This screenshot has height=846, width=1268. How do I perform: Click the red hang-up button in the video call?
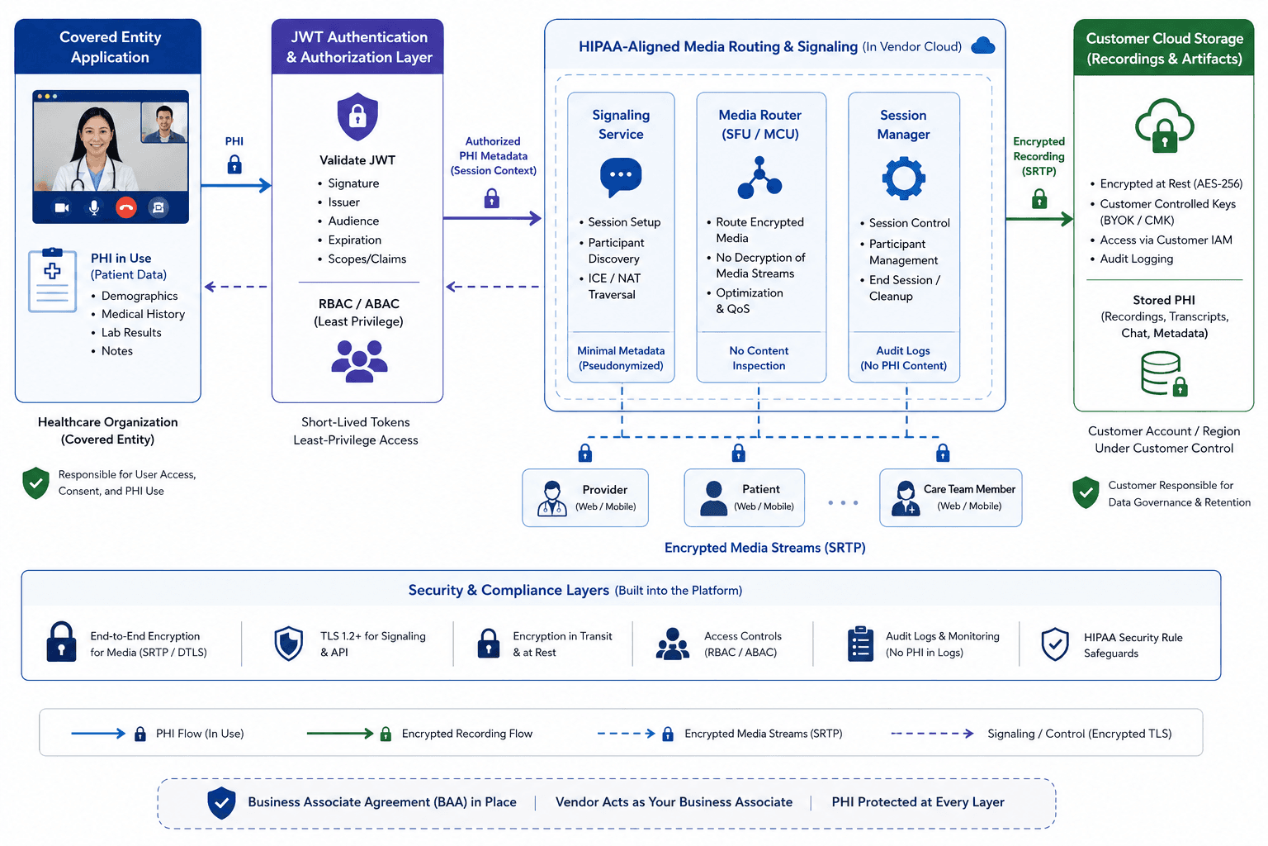pyautogui.click(x=125, y=207)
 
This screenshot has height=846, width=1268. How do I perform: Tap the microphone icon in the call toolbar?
pyautogui.click(x=94, y=207)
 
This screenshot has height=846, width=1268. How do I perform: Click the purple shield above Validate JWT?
pyautogui.click(x=357, y=116)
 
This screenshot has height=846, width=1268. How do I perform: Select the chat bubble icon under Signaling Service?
pyautogui.click(x=621, y=177)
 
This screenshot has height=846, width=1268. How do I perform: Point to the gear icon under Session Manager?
pyautogui.click(x=903, y=178)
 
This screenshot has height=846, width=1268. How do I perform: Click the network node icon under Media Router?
pyautogui.click(x=759, y=178)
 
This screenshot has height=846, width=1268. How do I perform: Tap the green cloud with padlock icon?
pyautogui.click(x=1165, y=126)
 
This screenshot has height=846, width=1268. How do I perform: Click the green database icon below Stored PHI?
pyautogui.click(x=1164, y=373)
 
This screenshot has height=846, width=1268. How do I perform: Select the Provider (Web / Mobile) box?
pyautogui.click(x=585, y=497)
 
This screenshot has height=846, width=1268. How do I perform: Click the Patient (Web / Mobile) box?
pyautogui.click(x=745, y=497)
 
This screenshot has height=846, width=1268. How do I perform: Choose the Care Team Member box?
pyautogui.click(x=951, y=497)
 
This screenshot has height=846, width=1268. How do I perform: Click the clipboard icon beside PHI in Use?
pyautogui.click(x=53, y=280)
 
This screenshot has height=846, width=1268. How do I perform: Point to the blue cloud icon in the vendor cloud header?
pyautogui.click(x=982, y=45)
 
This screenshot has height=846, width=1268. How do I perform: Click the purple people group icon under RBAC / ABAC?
pyautogui.click(x=359, y=361)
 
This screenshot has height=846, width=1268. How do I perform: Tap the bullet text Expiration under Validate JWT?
pyautogui.click(x=354, y=240)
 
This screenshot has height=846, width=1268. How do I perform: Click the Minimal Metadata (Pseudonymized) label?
pyautogui.click(x=621, y=358)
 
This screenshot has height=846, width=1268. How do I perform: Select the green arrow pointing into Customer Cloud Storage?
pyautogui.click(x=1039, y=219)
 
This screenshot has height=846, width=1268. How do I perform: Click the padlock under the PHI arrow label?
pyautogui.click(x=234, y=164)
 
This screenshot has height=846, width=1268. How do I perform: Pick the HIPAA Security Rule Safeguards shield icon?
pyautogui.click(x=1055, y=644)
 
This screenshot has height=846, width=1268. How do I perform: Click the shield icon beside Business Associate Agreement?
pyautogui.click(x=221, y=802)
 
